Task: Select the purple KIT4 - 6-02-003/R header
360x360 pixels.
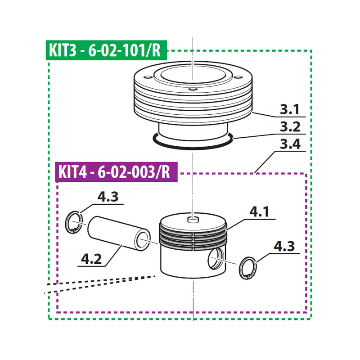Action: pyautogui.click(x=117, y=172)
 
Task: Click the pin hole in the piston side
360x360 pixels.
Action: pyautogui.click(x=216, y=260)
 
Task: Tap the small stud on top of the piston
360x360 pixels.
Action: pyautogui.click(x=193, y=219)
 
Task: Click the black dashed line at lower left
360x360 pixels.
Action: pyautogui.click(x=90, y=286)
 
